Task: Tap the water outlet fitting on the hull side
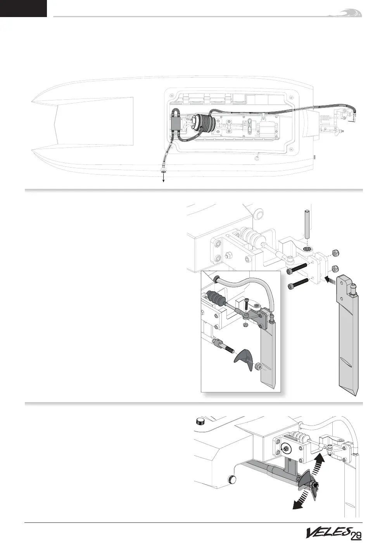point(163,170)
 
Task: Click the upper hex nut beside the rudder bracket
point(336,253)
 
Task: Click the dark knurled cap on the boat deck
point(201,421)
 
